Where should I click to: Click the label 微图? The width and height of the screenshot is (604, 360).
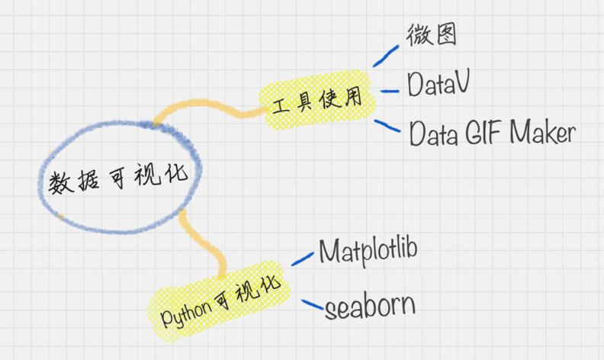coord(432,34)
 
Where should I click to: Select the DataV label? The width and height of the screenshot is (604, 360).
coord(439,83)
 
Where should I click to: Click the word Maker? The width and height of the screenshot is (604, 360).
coord(542,132)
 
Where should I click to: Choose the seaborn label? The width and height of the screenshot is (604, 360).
coord(370,306)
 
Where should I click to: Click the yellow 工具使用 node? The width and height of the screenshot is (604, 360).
coord(317,99)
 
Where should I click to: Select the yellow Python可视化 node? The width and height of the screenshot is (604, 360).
coord(219,301)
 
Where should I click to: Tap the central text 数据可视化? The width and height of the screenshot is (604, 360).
coord(118,178)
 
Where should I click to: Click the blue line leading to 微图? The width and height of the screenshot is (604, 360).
coord(386,56)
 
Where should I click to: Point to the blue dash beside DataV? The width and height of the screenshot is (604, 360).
coord(390,92)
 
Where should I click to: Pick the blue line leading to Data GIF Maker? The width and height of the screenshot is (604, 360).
coord(387,126)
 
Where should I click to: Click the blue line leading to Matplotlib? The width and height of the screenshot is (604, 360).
coord(303,259)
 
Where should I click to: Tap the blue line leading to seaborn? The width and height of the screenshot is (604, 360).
coord(312,304)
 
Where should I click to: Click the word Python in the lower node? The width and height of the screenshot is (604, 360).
coord(186,313)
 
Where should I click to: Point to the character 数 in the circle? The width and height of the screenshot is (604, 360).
coord(61,182)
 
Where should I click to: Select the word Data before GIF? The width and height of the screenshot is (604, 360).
coord(433,133)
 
